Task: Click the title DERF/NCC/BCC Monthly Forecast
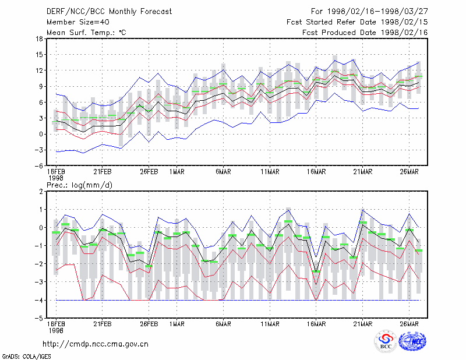[109, 12]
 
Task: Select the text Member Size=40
[78, 22]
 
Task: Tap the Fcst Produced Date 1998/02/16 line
[365, 33]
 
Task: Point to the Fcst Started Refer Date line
[357, 22]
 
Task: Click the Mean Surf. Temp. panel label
[86, 33]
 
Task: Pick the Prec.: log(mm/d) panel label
[79, 185]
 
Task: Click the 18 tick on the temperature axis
[40, 38]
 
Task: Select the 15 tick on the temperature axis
[40, 55]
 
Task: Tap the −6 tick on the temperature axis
[38, 166]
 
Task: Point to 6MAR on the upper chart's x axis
[224, 172]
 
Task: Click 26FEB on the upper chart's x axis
[149, 172]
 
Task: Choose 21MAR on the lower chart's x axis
[362, 324]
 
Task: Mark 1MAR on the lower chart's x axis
[177, 324]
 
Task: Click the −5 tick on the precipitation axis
[38, 319]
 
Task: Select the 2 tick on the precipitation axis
[41, 192]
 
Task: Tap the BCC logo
[386, 341]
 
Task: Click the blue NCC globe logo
[412, 341]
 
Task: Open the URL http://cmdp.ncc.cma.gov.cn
[96, 344]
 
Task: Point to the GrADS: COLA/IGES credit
[26, 357]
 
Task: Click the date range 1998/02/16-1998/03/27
[377, 12]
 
